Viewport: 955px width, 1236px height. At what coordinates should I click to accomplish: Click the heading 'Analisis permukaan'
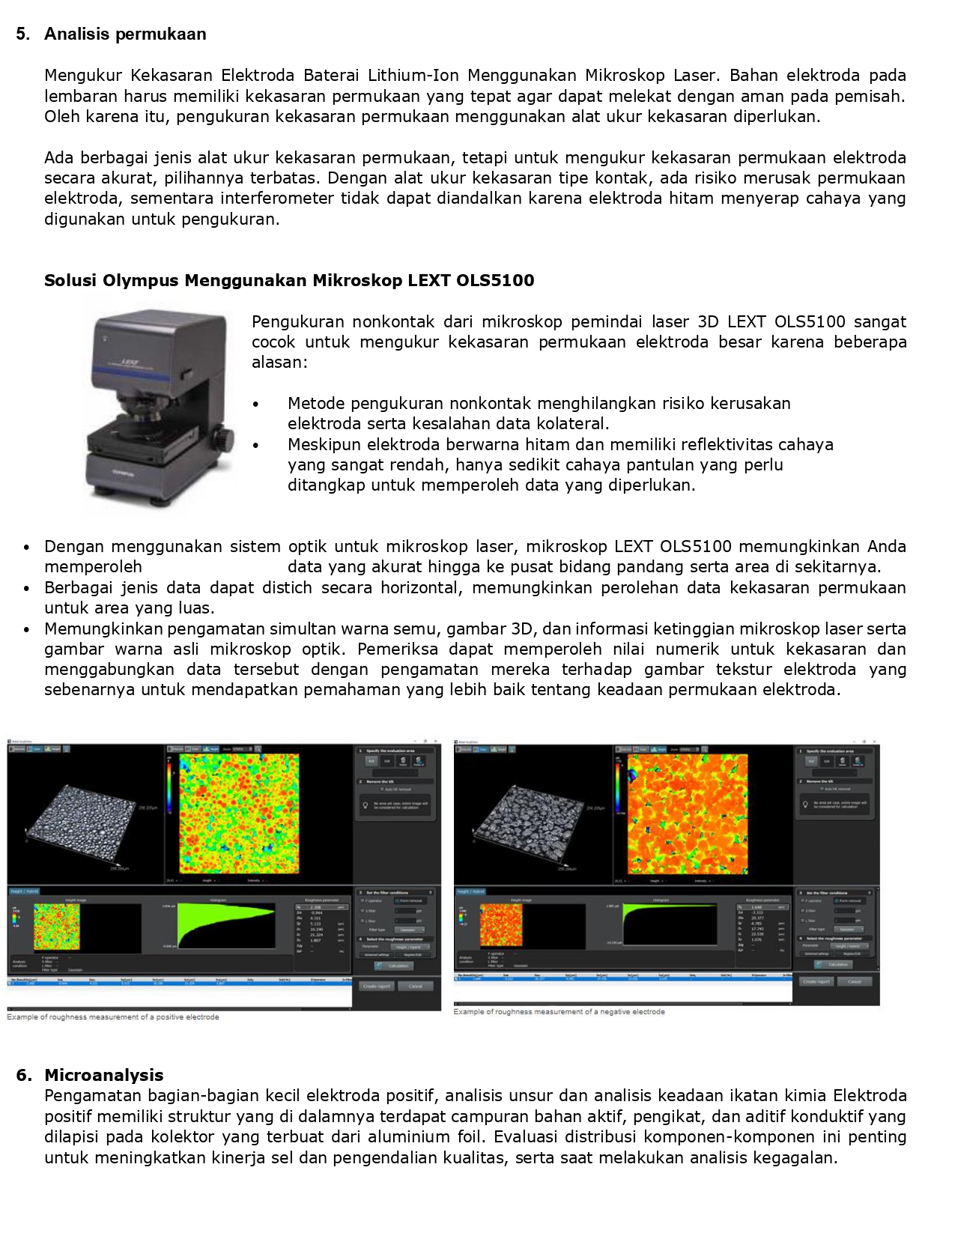click(x=125, y=34)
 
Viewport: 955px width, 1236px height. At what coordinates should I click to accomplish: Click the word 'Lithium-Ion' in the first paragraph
click(x=409, y=75)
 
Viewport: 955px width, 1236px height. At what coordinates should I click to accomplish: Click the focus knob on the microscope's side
click(x=224, y=438)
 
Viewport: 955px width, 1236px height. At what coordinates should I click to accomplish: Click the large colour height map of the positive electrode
click(x=238, y=813)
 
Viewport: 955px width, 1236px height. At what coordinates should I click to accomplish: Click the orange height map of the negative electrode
click(x=687, y=813)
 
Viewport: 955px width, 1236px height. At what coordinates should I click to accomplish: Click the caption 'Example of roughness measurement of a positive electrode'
click(x=113, y=1017)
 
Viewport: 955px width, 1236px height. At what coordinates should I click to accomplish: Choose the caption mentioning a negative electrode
click(x=559, y=1012)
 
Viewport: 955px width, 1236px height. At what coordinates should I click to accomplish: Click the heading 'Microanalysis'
click(x=103, y=1075)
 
